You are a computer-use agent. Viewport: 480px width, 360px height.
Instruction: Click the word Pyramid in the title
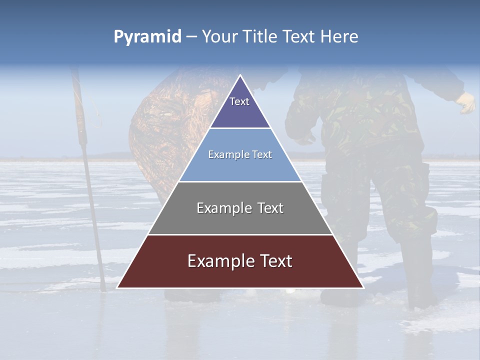point(147,37)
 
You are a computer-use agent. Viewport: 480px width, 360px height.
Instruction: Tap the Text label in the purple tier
point(239,101)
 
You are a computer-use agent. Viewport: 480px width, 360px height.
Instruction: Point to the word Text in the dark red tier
point(274,261)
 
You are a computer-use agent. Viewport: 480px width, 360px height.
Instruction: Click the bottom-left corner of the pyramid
point(117,287)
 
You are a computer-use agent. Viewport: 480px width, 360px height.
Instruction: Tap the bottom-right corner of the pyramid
point(363,287)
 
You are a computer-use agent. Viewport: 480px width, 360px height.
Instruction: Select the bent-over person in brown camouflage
point(160,130)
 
